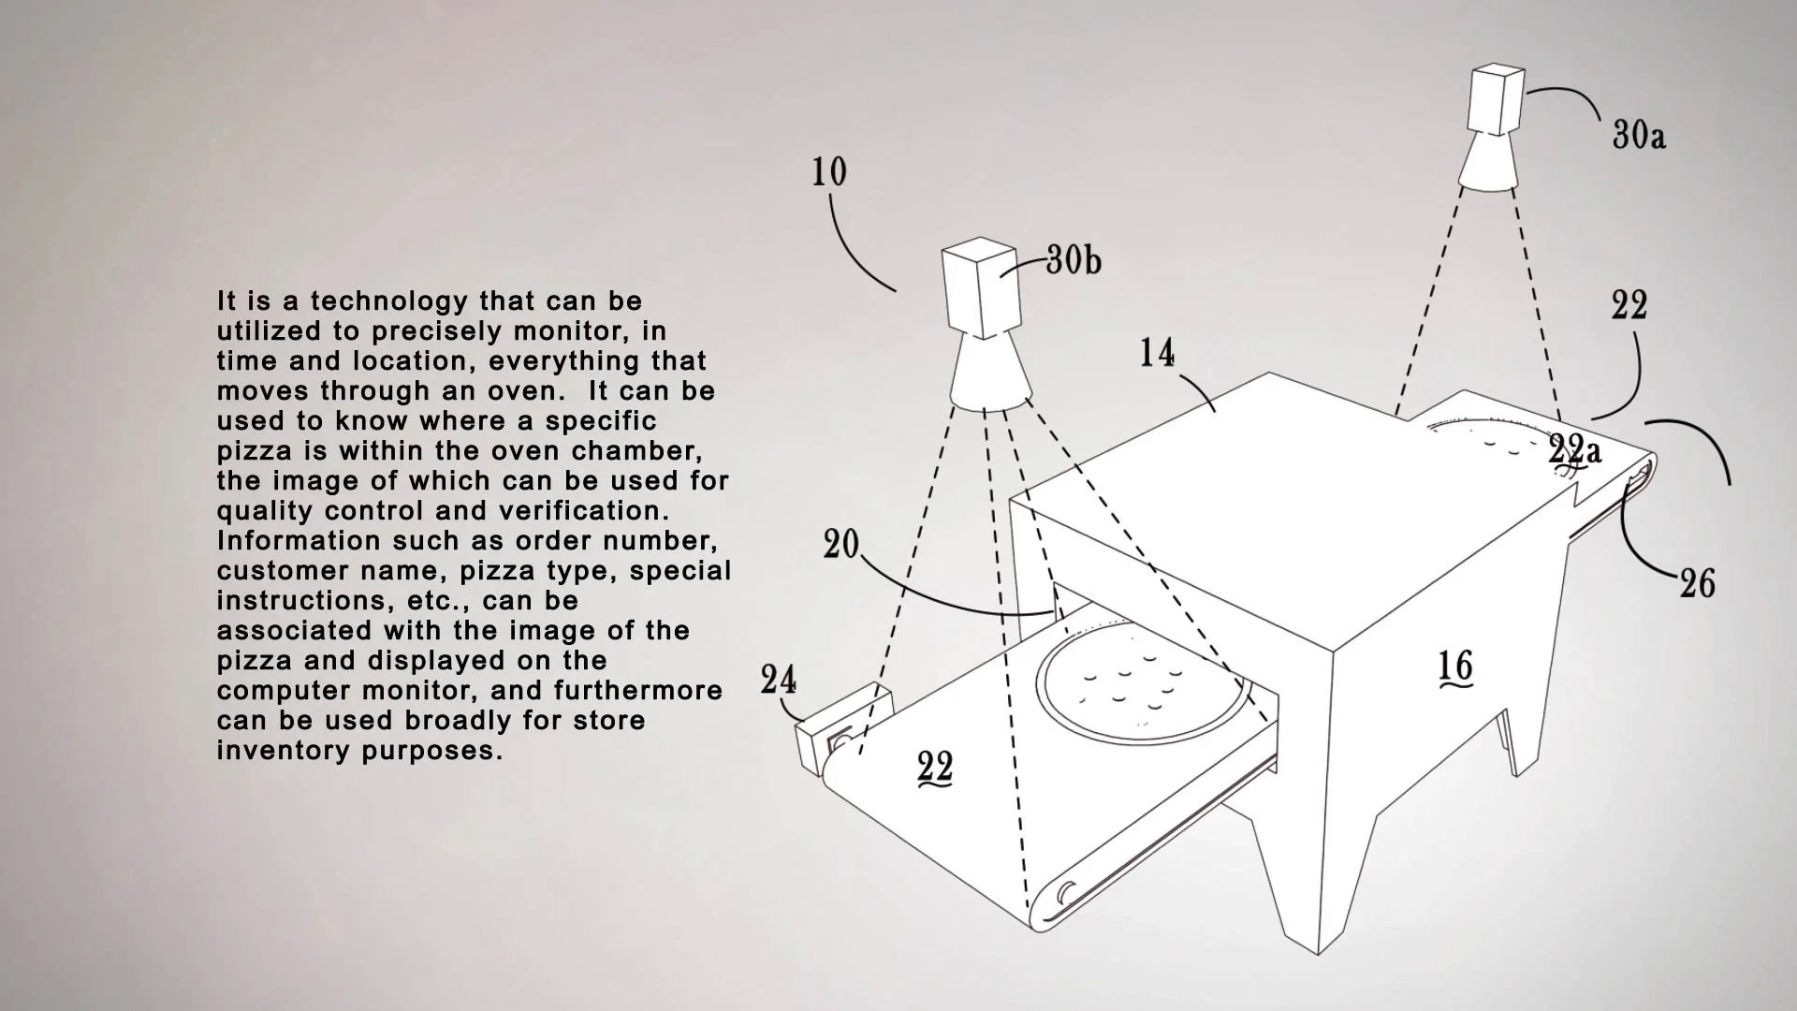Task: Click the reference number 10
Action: [x=829, y=171]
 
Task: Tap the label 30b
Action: [x=1074, y=260]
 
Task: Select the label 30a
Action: [x=1639, y=136]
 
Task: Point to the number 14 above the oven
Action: [x=1157, y=353]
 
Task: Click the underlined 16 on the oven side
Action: [x=1455, y=667]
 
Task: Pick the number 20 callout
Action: [x=841, y=544]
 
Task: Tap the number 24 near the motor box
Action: [x=778, y=681]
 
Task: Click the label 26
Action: [x=1698, y=584]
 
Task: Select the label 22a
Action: [x=1574, y=450]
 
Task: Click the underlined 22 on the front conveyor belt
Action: [x=935, y=769]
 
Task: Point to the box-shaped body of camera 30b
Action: [x=979, y=288]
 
